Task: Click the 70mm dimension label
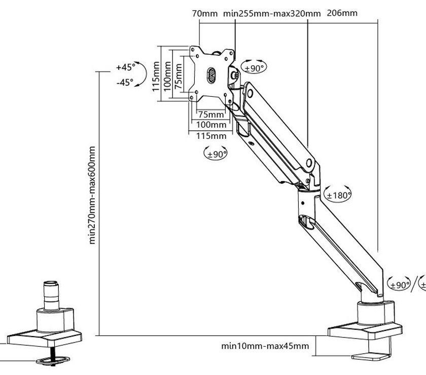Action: pos(204,14)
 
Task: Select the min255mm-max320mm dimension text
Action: pos(272,14)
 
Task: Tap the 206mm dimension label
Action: pos(343,13)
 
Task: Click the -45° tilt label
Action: pos(125,82)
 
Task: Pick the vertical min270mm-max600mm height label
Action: pos(92,195)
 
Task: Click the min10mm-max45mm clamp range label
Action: pos(265,346)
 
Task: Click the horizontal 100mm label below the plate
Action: pos(211,125)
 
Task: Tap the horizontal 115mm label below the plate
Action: pos(211,135)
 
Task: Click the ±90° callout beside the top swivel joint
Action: pos(255,67)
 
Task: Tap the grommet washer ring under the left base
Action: pos(53,360)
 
